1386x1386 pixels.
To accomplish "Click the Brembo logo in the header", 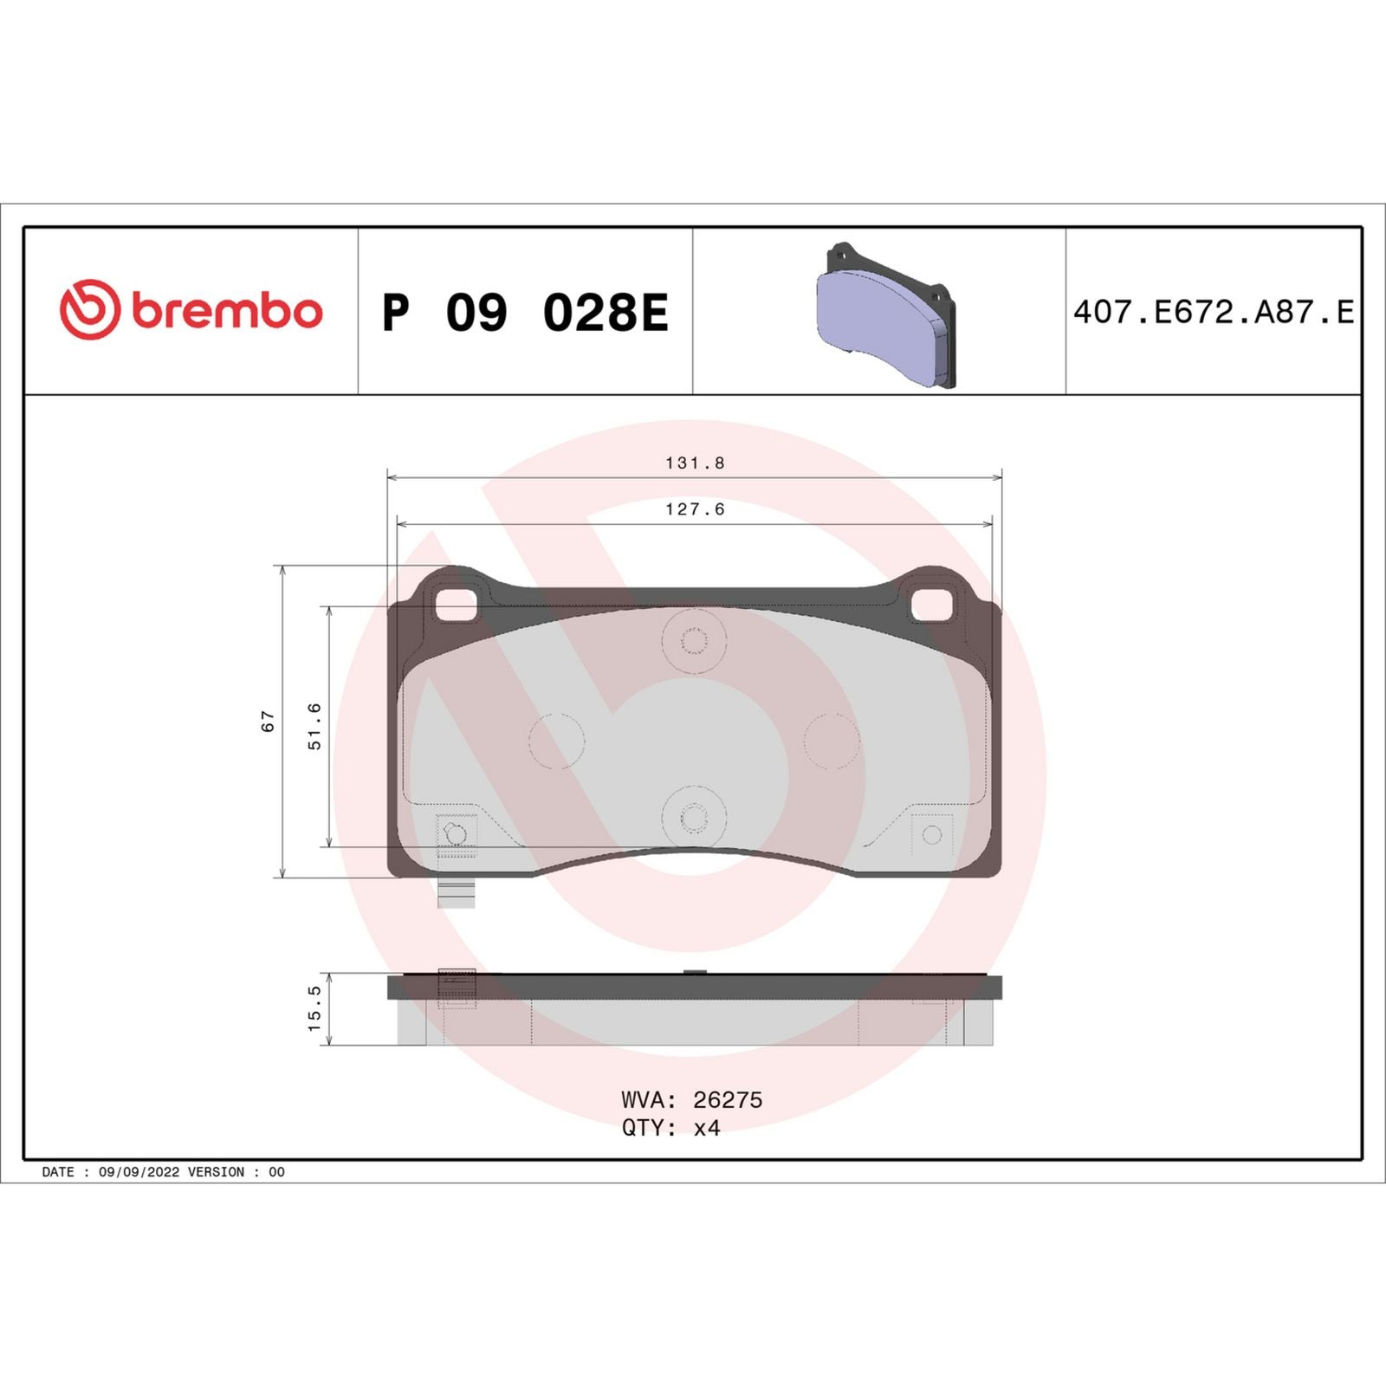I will (191, 310).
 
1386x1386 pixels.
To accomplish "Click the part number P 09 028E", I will (525, 313).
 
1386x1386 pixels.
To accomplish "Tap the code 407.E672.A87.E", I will (1213, 312).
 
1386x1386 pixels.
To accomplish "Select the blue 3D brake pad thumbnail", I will (884, 314).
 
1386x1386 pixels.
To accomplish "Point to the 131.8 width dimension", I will (695, 463).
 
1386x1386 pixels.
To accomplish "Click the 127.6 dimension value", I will (695, 509).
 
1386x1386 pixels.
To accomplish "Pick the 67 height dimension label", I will (268, 721).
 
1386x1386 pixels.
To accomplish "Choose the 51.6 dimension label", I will (314, 726).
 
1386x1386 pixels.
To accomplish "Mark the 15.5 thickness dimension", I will (314, 1008).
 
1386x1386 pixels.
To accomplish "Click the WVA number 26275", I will (728, 1100).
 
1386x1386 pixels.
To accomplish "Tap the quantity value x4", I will (707, 1128).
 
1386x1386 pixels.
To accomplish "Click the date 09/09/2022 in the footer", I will (139, 1172).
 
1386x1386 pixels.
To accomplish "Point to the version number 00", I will (276, 1172).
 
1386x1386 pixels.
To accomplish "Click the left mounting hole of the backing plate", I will (457, 605).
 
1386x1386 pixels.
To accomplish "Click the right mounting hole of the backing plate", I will (932, 605).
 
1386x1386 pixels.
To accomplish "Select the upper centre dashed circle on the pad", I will (694, 641).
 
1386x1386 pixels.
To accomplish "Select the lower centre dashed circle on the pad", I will (694, 817).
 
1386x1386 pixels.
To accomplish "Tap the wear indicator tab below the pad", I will (456, 892).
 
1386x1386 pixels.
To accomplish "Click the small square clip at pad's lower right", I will (932, 834).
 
